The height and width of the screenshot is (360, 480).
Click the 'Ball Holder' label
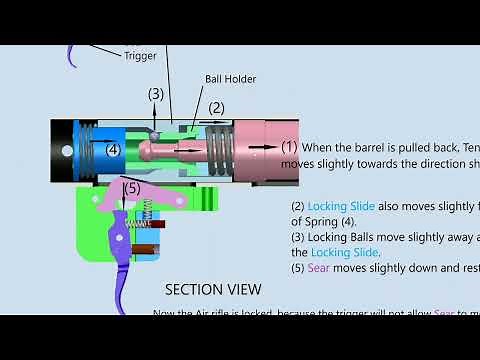(x=230, y=79)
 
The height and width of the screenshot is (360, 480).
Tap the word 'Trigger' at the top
(x=140, y=56)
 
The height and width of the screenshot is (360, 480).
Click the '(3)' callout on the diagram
(x=156, y=94)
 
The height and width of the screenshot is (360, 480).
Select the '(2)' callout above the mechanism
(x=216, y=108)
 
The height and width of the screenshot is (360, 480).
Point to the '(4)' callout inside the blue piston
(x=113, y=150)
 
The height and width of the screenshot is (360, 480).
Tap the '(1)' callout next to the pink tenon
(x=289, y=146)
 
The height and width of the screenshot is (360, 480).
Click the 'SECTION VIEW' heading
(x=213, y=289)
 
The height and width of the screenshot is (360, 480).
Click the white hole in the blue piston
(x=68, y=151)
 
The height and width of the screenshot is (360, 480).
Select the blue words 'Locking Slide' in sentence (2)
(x=341, y=207)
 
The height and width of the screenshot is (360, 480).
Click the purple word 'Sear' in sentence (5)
(x=317, y=268)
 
